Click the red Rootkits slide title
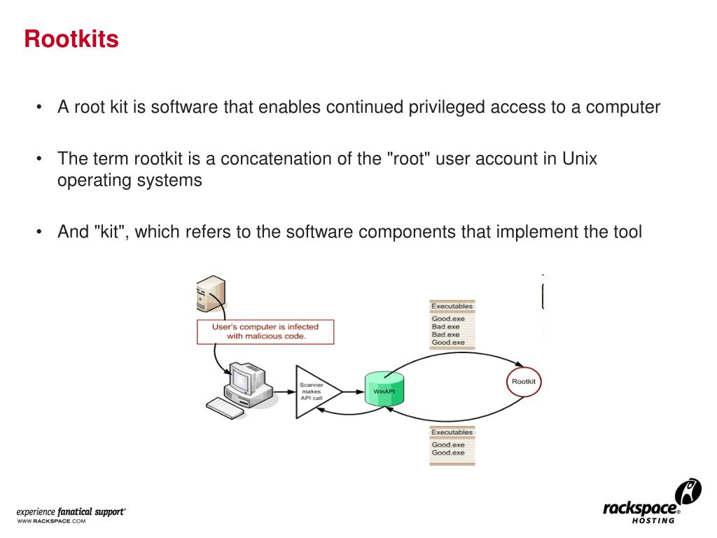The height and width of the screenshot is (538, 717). (x=71, y=39)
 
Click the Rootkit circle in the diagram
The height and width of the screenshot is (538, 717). (x=523, y=382)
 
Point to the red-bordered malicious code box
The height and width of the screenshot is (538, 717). (x=265, y=331)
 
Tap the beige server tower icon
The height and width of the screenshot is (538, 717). (x=210, y=295)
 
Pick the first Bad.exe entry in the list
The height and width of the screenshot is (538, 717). (x=446, y=326)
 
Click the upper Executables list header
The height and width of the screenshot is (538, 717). (x=452, y=306)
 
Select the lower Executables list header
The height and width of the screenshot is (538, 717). (x=452, y=432)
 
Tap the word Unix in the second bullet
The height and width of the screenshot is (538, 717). (x=580, y=158)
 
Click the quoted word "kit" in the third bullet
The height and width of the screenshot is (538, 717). (x=109, y=231)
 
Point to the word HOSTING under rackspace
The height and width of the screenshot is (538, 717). (x=653, y=520)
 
